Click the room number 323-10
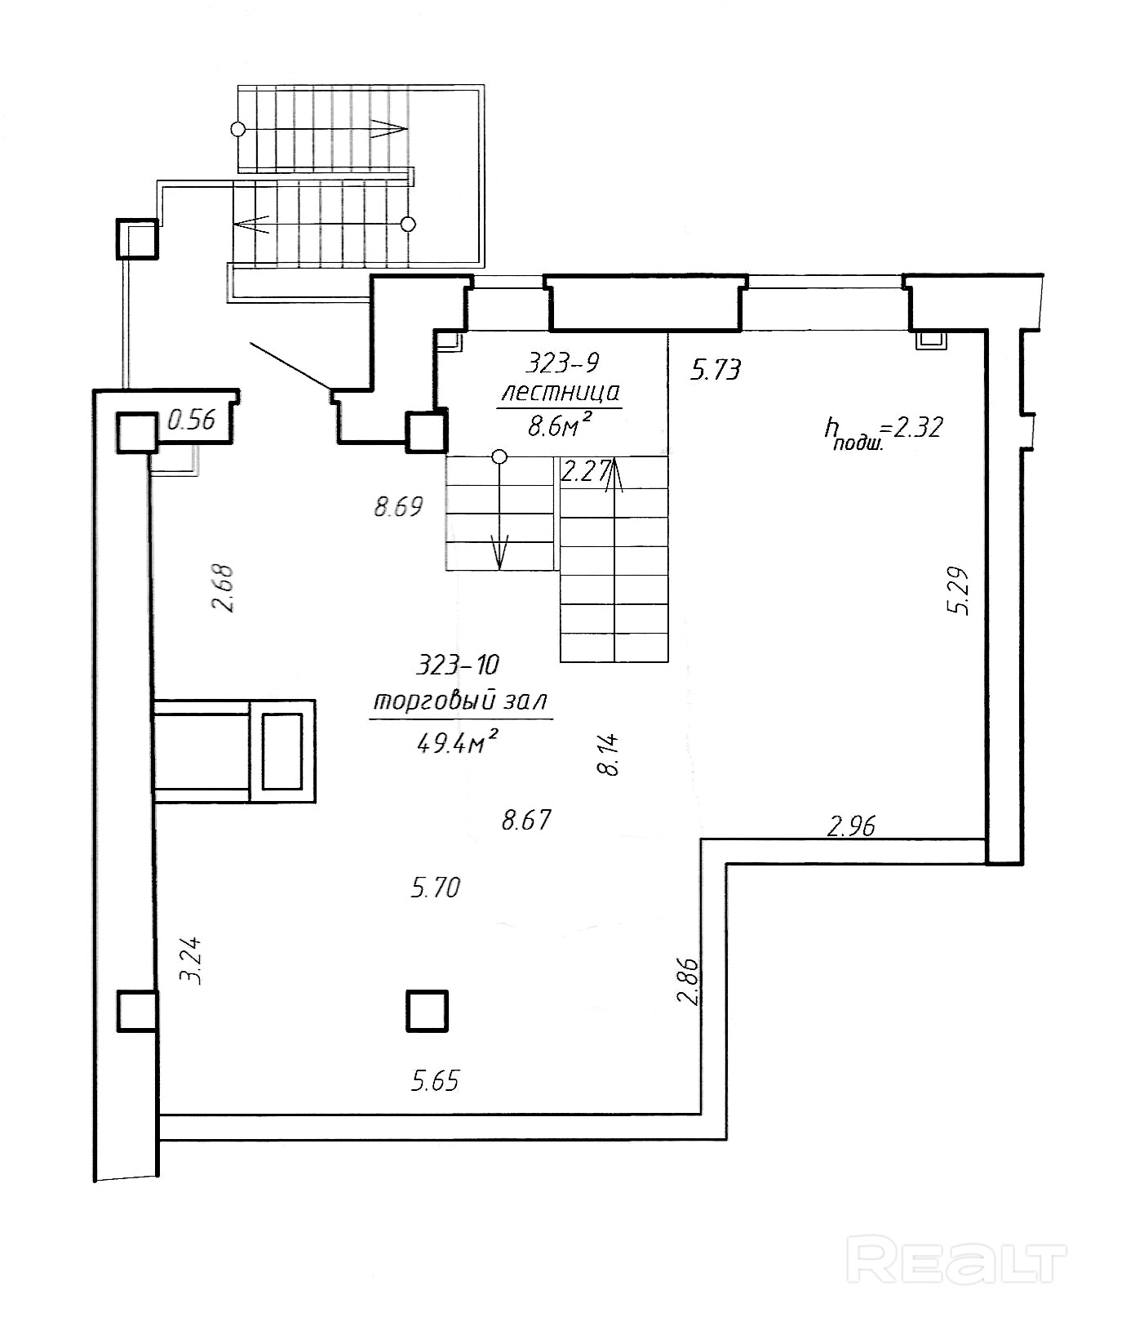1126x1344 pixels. tap(457, 665)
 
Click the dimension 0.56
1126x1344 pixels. tap(191, 420)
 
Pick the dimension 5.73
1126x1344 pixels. tap(716, 370)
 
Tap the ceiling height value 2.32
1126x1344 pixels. tap(918, 426)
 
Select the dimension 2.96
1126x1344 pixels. tap(851, 826)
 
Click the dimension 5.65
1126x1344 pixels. tap(435, 1081)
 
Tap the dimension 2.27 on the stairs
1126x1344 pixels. tap(585, 471)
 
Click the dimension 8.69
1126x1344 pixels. tap(398, 507)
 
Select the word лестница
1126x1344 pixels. tap(561, 393)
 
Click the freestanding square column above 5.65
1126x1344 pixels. tap(428, 1010)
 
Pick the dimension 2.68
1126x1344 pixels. tap(223, 588)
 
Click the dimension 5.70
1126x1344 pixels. tap(436, 887)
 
